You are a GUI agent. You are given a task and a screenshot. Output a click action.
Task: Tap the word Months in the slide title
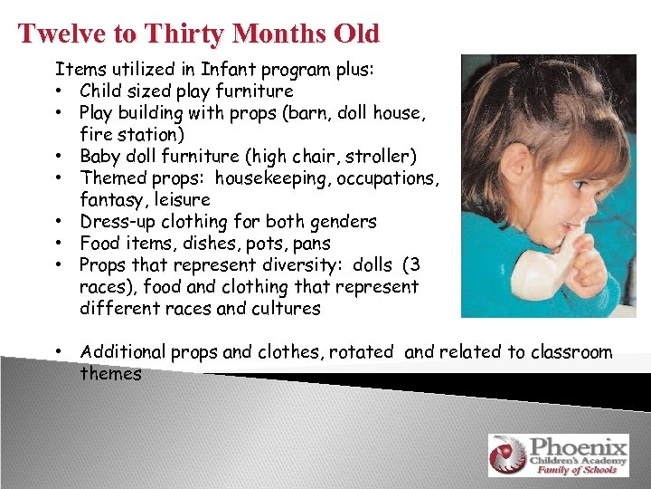270,34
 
